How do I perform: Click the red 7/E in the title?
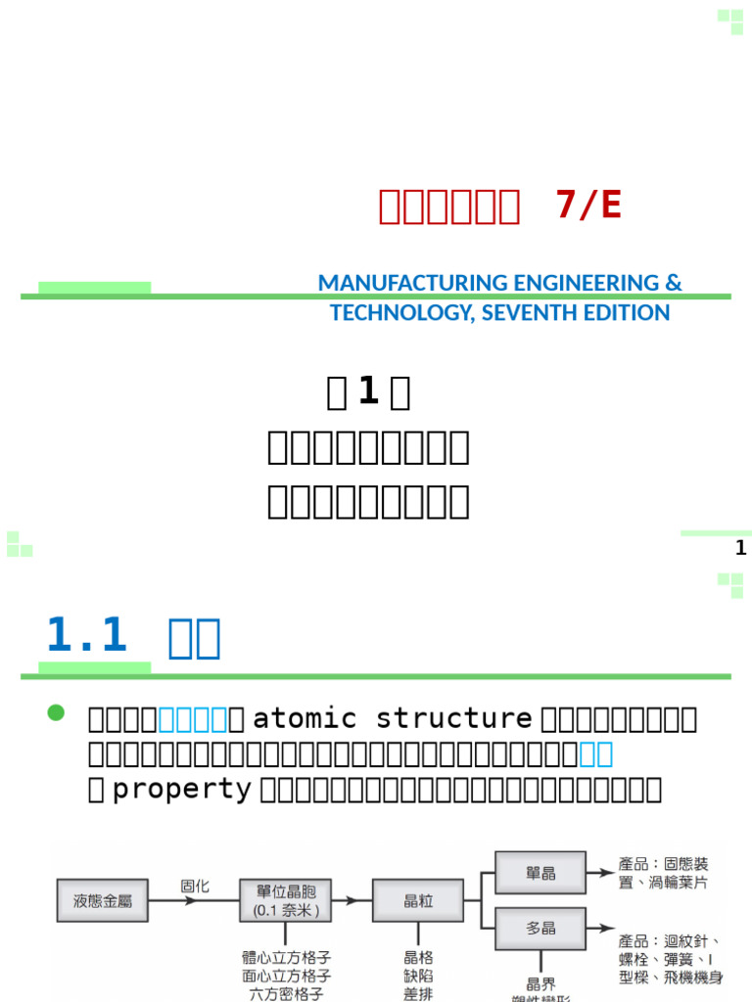(587, 205)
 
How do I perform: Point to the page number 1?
(740, 548)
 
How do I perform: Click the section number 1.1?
(87, 636)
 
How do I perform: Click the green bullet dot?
(56, 712)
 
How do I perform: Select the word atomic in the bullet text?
(294, 718)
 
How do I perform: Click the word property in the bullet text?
(183, 790)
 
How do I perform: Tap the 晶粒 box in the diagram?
(418, 900)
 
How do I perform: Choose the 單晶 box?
(540, 872)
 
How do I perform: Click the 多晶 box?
(540, 928)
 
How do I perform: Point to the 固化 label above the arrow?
(195, 886)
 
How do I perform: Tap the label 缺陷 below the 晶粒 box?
(418, 976)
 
